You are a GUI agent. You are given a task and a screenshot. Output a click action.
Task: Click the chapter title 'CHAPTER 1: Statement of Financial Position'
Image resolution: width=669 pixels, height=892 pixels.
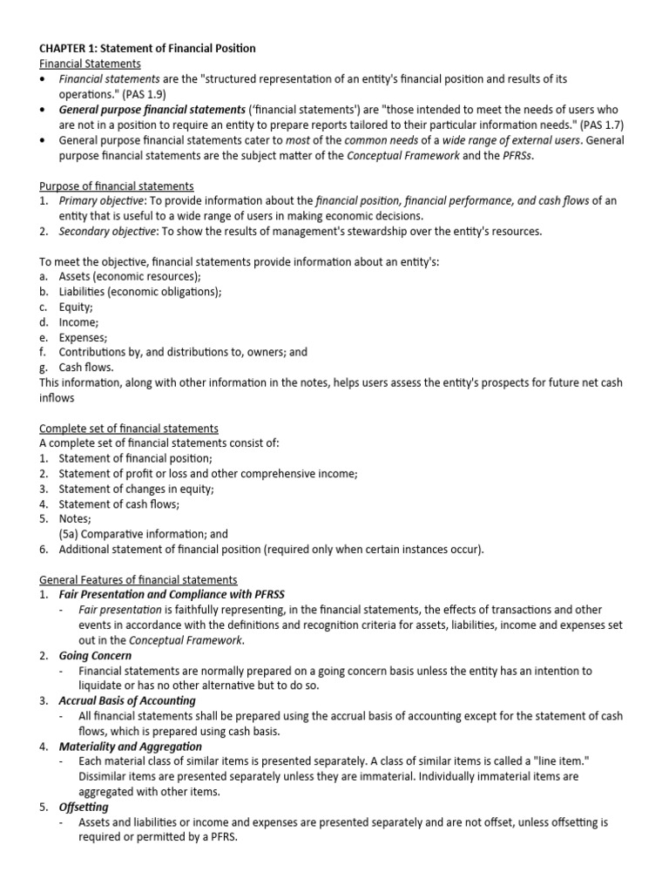(147, 49)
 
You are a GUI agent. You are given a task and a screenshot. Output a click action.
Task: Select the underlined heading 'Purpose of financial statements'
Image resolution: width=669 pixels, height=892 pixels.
(117, 186)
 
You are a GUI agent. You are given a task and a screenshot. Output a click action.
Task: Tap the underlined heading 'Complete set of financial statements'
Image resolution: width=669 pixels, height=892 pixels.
(129, 428)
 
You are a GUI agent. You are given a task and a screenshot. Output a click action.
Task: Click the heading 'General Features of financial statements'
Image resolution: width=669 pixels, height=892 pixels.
(139, 579)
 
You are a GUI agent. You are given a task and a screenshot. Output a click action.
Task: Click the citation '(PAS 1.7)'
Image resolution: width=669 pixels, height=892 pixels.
(602, 125)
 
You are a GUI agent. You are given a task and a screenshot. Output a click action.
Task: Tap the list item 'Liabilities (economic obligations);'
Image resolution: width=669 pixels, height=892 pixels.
(140, 292)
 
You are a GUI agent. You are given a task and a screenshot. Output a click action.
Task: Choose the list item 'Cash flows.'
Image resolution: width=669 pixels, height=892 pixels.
(86, 368)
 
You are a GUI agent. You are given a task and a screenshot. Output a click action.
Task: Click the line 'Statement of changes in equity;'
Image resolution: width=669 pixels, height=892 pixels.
(136, 489)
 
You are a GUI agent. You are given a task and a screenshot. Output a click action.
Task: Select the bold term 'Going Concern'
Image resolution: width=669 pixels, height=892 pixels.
(95, 655)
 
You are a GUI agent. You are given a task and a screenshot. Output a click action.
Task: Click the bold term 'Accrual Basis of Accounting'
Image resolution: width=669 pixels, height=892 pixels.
(127, 700)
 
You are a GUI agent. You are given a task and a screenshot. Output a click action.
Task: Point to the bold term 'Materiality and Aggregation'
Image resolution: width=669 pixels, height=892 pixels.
(130, 746)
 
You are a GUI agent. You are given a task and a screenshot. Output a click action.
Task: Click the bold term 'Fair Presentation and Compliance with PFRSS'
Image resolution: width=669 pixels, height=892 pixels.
(166, 594)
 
